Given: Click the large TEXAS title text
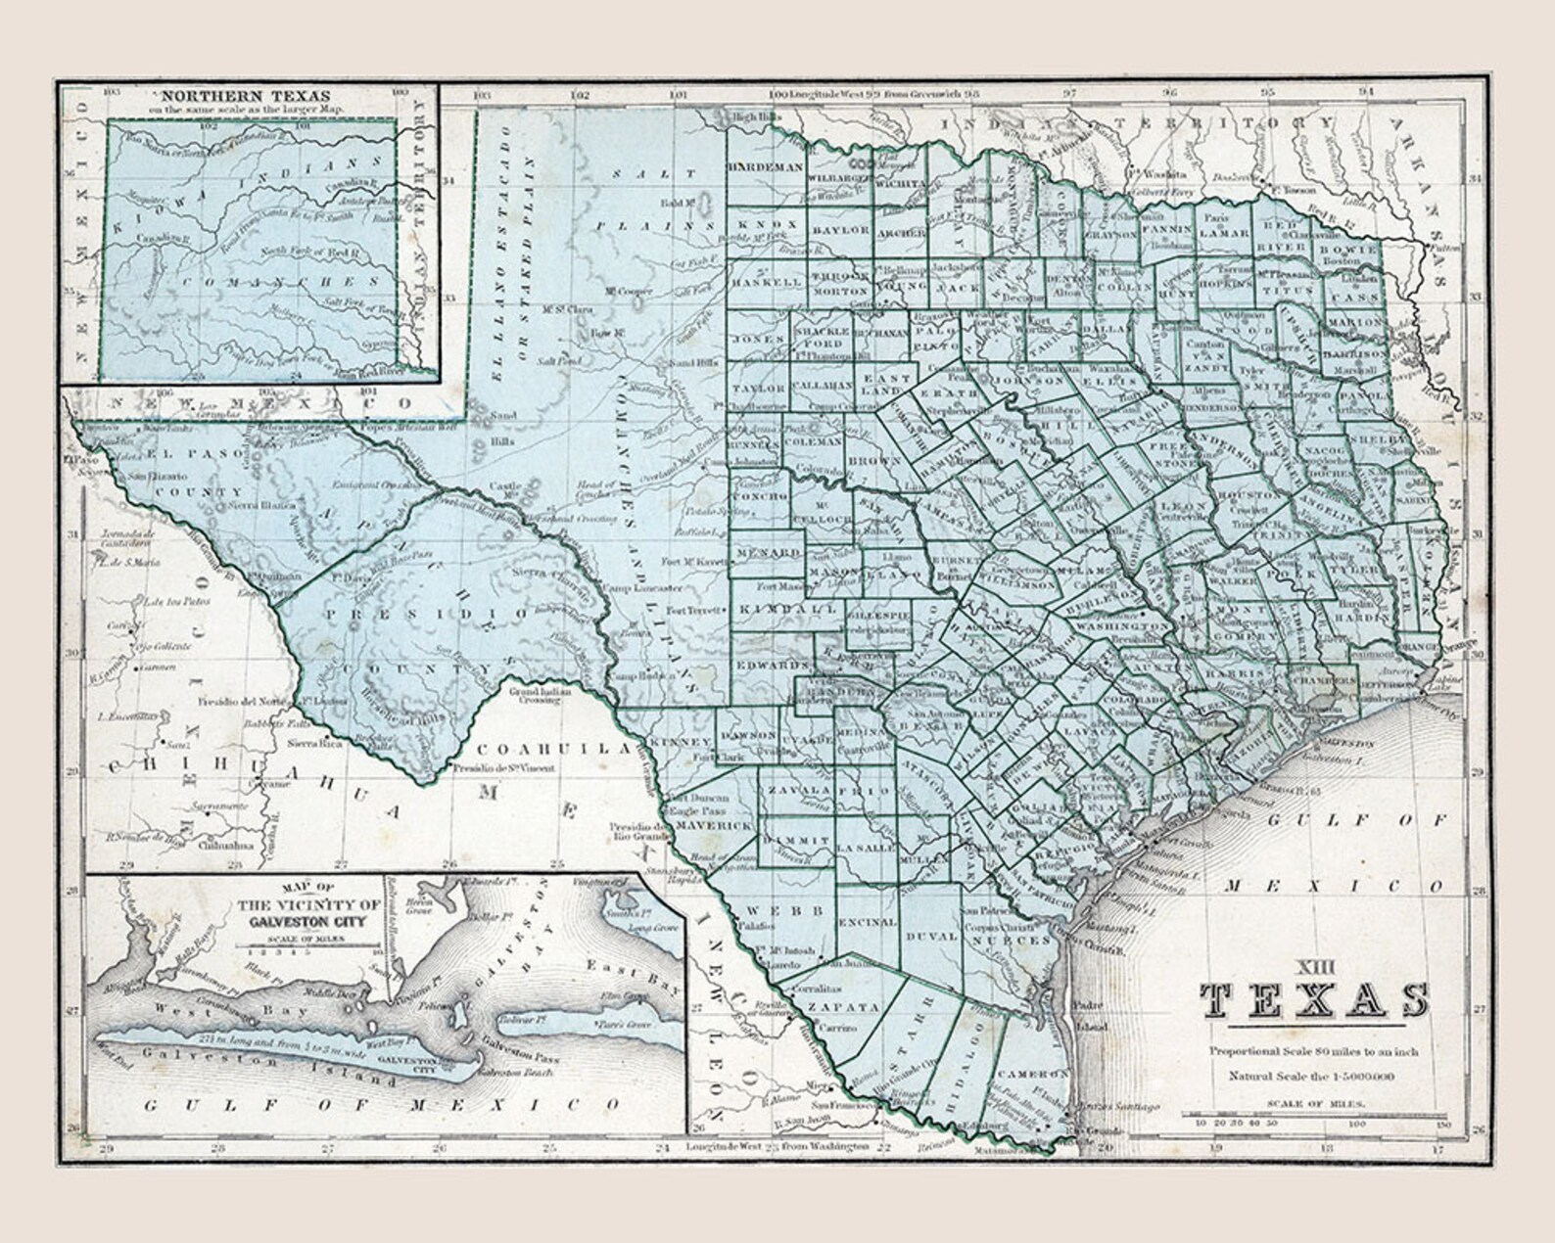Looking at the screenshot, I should pyautogui.click(x=1314, y=1001).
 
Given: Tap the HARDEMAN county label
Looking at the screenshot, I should pyautogui.click(x=765, y=167).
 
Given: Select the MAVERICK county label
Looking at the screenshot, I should pyautogui.click(x=716, y=826).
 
